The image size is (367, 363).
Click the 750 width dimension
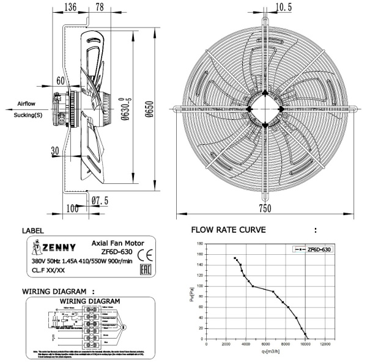coord(264,208)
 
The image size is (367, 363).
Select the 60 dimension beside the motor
coord(61,80)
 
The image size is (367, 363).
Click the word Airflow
coord(27,104)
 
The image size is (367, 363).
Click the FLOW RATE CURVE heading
coord(228,230)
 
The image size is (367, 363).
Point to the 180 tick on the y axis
coord(199,244)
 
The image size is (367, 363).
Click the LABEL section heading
coord(34,231)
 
